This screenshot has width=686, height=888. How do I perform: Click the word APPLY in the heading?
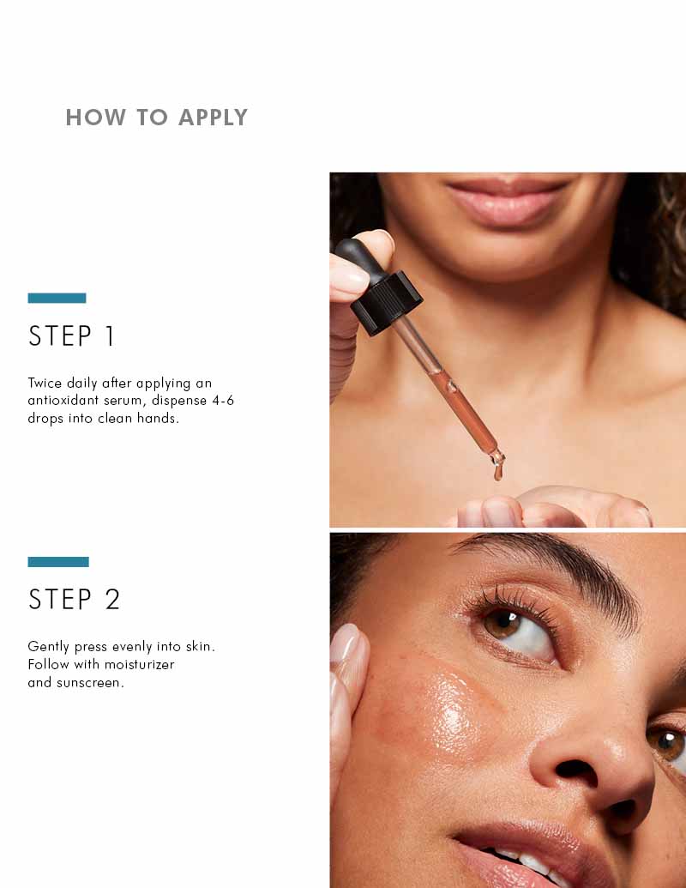pyautogui.click(x=214, y=118)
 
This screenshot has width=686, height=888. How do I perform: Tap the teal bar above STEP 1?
pyautogui.click(x=57, y=298)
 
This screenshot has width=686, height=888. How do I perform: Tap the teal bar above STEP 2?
pyautogui.click(x=58, y=562)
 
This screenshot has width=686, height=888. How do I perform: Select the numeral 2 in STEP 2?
pyautogui.click(x=112, y=599)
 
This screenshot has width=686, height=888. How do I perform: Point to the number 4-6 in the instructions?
pyautogui.click(x=223, y=401)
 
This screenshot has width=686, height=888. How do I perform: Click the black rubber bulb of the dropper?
pyautogui.click(x=357, y=257)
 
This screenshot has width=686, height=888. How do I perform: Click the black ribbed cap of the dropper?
pyautogui.click(x=387, y=302)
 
